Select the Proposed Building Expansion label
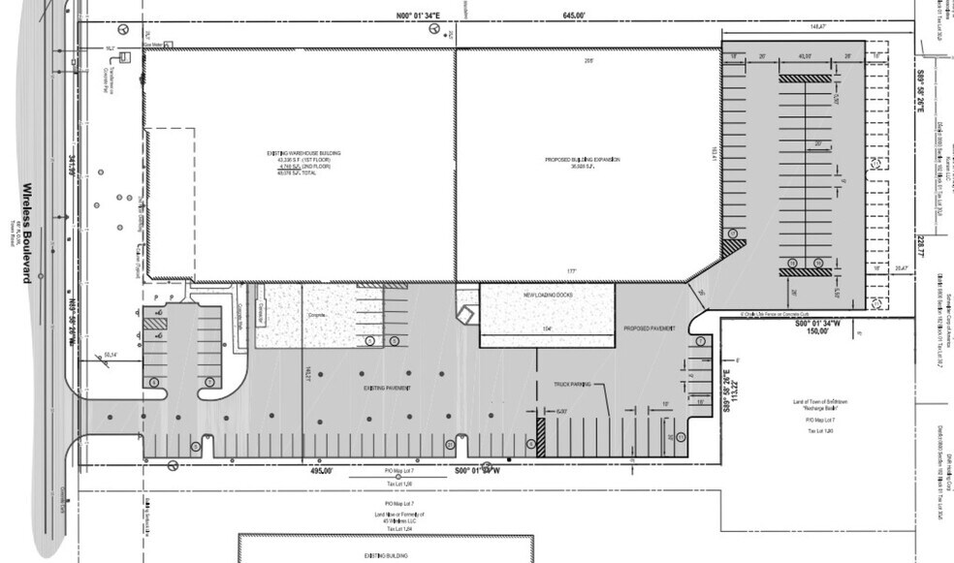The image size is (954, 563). click(x=581, y=160)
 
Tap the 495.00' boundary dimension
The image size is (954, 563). click(x=321, y=470)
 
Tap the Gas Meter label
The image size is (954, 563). click(x=153, y=44)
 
